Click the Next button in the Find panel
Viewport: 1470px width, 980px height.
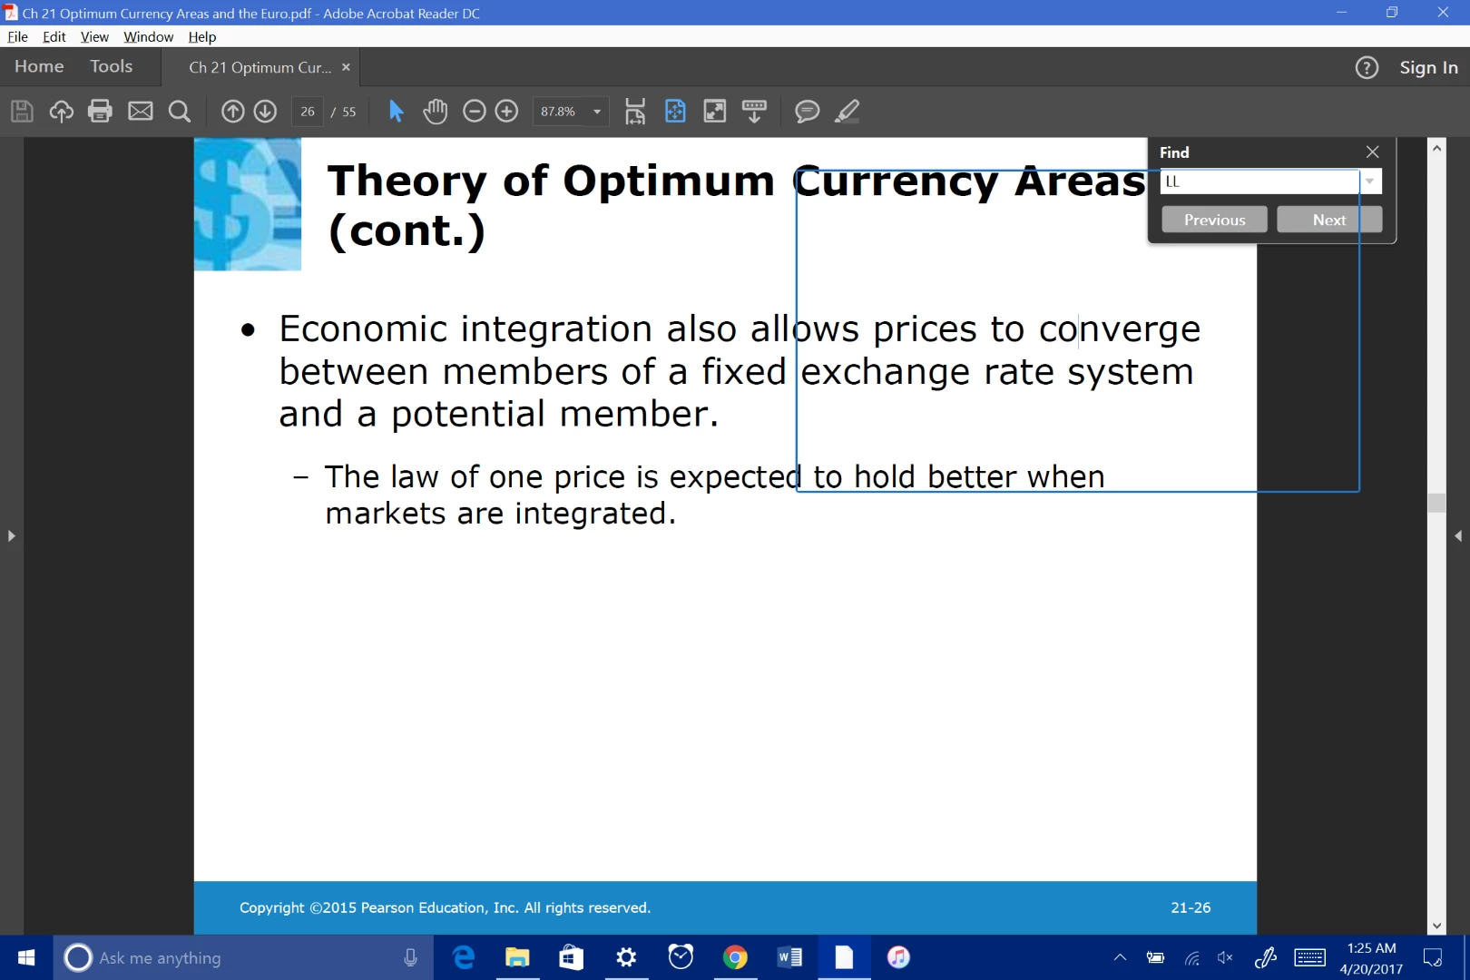click(x=1329, y=220)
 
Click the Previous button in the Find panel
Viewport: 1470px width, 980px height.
click(x=1214, y=220)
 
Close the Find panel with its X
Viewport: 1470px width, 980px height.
click(x=1372, y=152)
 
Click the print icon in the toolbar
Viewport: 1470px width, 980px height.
click(x=100, y=111)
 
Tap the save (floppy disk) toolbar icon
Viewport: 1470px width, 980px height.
click(x=22, y=111)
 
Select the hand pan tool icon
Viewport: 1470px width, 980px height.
click(x=435, y=111)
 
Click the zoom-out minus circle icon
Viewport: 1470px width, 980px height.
click(x=474, y=111)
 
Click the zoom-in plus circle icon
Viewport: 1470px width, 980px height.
click(x=506, y=111)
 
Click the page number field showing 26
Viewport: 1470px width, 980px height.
click(x=307, y=112)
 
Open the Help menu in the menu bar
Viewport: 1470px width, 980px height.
click(x=202, y=37)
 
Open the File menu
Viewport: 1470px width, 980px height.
click(x=18, y=37)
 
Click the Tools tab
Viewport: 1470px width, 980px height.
click(x=111, y=66)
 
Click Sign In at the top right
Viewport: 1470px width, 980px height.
click(x=1428, y=68)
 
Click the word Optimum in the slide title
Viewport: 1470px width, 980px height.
click(x=669, y=181)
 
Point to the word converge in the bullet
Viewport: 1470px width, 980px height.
click(x=1120, y=328)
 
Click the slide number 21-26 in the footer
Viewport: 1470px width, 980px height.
click(x=1191, y=907)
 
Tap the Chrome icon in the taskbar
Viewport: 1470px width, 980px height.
click(x=735, y=957)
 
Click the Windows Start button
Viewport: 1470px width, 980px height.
click(x=26, y=957)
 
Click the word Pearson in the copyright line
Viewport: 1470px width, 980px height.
click(x=387, y=907)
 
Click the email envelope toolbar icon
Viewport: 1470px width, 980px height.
click(x=140, y=111)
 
